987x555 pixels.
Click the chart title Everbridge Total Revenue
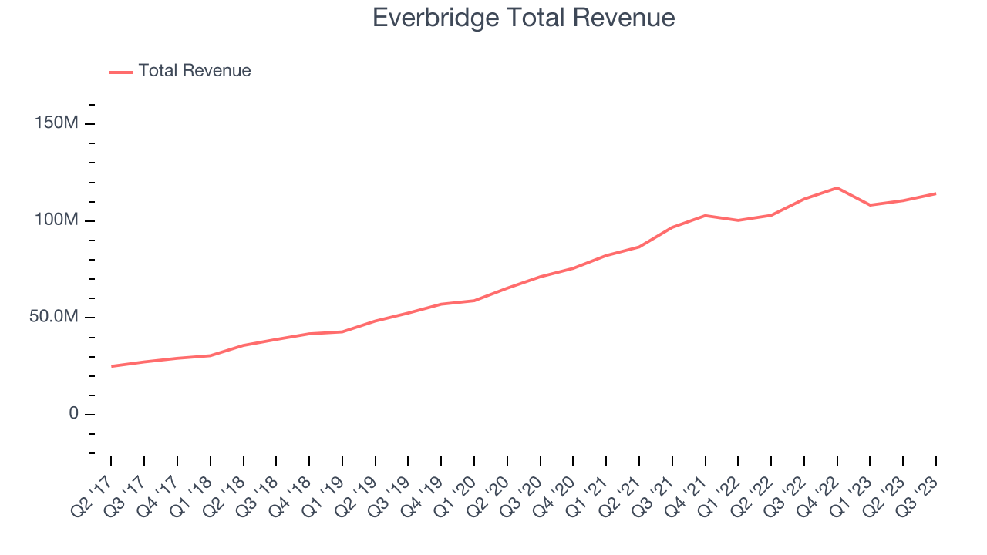pos(524,18)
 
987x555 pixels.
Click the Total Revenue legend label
pos(194,71)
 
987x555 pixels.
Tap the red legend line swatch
pos(121,72)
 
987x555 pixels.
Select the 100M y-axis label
pos(56,220)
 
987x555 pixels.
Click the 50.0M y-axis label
pos(53,318)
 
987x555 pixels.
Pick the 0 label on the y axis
pos(73,414)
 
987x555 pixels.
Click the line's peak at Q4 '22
pos(837,188)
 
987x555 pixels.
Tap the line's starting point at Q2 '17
pos(111,366)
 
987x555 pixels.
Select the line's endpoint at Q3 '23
pos(936,193)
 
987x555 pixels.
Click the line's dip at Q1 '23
pos(870,205)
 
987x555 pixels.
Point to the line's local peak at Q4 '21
pos(705,215)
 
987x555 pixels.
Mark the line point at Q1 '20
pos(473,301)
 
